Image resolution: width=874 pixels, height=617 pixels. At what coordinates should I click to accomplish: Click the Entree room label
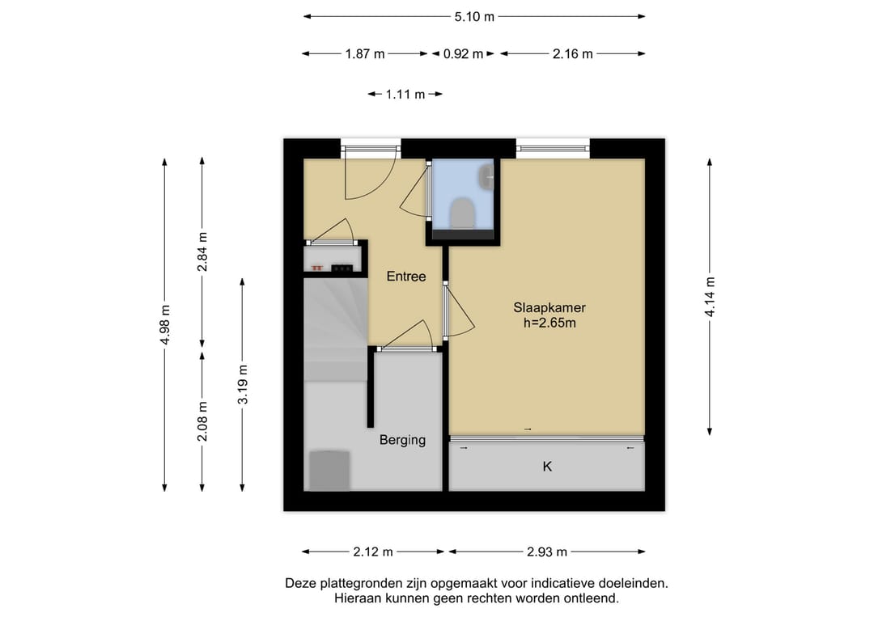click(405, 277)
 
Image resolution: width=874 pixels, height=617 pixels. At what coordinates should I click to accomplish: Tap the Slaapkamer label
click(549, 307)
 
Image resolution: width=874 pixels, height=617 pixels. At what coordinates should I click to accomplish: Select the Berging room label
click(402, 440)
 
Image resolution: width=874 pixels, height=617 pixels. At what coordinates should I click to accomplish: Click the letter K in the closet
click(547, 467)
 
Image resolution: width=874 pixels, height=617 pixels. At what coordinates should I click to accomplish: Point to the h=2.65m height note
click(549, 323)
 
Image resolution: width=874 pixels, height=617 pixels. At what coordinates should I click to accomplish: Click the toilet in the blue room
click(462, 213)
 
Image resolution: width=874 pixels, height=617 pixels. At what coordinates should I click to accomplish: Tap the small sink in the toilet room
click(486, 176)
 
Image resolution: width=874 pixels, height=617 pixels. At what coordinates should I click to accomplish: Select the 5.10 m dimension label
click(474, 17)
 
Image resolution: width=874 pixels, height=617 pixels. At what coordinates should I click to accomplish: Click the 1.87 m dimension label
click(365, 54)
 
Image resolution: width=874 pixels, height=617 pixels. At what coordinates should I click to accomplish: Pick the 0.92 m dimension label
click(463, 54)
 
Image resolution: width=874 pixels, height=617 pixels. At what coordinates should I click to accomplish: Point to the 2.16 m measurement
click(572, 54)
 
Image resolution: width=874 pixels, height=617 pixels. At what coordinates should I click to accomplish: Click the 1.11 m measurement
click(405, 94)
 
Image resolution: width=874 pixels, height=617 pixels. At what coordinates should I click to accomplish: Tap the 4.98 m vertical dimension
click(165, 324)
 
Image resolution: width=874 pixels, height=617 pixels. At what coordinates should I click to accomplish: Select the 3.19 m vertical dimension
click(243, 384)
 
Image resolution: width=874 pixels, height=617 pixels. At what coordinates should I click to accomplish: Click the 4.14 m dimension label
click(710, 297)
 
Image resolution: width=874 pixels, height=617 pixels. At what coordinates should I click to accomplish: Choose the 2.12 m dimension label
click(373, 551)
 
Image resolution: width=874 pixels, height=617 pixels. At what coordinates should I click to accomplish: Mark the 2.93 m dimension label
click(547, 551)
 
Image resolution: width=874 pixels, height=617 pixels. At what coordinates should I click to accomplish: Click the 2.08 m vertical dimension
click(202, 421)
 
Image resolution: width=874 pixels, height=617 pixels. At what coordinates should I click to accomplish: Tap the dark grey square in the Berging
click(329, 471)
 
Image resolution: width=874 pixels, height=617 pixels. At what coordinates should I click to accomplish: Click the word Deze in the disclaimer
click(299, 584)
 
